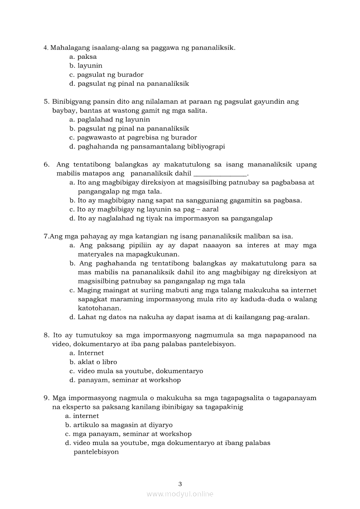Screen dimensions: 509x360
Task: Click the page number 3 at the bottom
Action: [x=180, y=483]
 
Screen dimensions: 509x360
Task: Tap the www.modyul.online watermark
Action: [x=180, y=494]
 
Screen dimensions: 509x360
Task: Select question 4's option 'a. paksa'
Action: [x=83, y=57]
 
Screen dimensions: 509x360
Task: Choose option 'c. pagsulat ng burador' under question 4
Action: [x=106, y=74]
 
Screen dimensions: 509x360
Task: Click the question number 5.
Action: [x=46, y=101]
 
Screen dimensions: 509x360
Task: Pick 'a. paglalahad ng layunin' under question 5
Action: [x=109, y=119]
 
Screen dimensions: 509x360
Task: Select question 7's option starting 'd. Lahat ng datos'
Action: [x=189, y=317]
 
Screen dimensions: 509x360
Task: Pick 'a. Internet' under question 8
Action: [x=86, y=353]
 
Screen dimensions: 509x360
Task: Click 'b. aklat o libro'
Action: [x=93, y=362]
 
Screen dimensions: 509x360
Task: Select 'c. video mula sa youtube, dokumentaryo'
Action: [x=136, y=371]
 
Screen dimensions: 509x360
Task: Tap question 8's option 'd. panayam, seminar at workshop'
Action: [x=125, y=380]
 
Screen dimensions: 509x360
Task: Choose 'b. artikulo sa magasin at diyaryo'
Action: [x=119, y=425]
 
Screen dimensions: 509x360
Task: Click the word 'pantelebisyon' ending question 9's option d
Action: [x=96, y=452]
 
